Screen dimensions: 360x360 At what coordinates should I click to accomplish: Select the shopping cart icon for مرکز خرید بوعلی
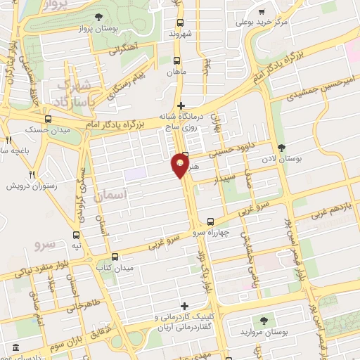pos(262,12)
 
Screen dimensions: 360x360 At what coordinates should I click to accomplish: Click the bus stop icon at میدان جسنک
pos(48,119)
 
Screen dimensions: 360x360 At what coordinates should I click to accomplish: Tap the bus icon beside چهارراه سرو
pos(212,221)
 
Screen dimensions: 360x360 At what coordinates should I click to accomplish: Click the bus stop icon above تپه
pos(75,236)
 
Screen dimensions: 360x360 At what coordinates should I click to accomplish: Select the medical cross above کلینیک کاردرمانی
pos(185,306)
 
